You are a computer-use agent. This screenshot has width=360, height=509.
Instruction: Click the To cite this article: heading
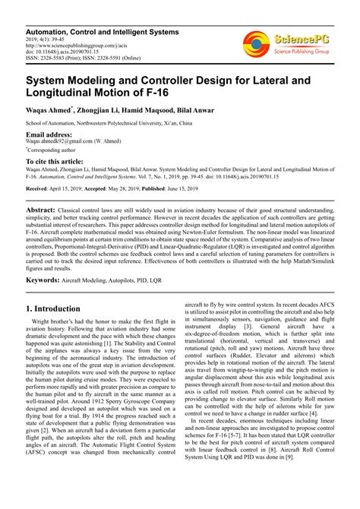(55, 162)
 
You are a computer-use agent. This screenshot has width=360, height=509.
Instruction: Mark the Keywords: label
(47, 280)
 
